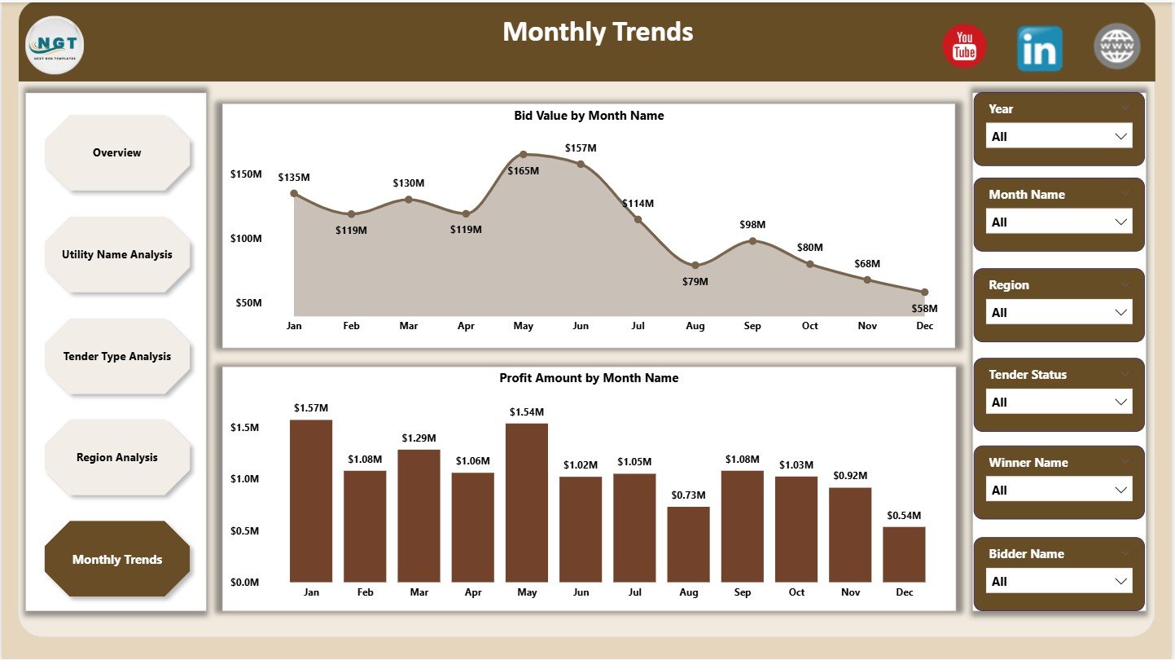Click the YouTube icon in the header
click(964, 46)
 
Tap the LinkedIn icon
click(1039, 48)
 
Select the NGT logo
click(55, 45)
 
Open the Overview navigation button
click(117, 153)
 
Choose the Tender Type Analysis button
click(117, 357)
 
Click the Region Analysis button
click(117, 458)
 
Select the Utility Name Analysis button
click(117, 255)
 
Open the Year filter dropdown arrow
click(1121, 136)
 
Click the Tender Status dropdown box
click(1059, 403)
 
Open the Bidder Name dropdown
click(1059, 582)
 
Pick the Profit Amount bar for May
click(526, 502)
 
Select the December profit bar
click(904, 554)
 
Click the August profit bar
click(688, 544)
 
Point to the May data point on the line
click(524, 154)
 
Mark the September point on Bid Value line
click(752, 241)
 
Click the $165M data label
click(524, 170)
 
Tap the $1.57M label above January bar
click(310, 407)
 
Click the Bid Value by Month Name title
click(589, 116)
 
